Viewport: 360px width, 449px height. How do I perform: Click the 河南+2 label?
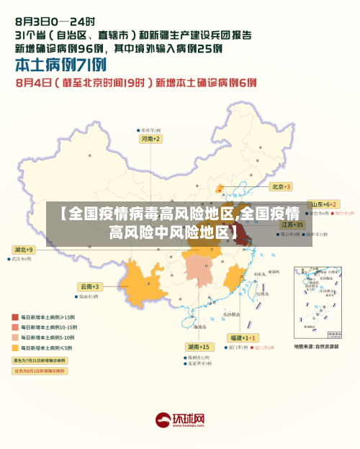pos(150,138)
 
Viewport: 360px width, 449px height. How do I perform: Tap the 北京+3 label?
pos(280,186)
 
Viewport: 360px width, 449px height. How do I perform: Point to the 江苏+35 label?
pos(292,224)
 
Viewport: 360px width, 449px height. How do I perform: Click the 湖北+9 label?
pos(23,249)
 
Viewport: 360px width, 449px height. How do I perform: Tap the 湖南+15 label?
pos(198,347)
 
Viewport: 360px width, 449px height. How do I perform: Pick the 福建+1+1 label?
pos(240,337)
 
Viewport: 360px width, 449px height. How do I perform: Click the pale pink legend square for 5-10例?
pos(14,337)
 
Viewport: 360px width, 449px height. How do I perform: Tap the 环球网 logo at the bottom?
pos(180,419)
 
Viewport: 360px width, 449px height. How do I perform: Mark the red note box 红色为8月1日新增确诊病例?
pos(40,371)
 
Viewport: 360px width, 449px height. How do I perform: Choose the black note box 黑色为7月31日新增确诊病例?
pos(40,360)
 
